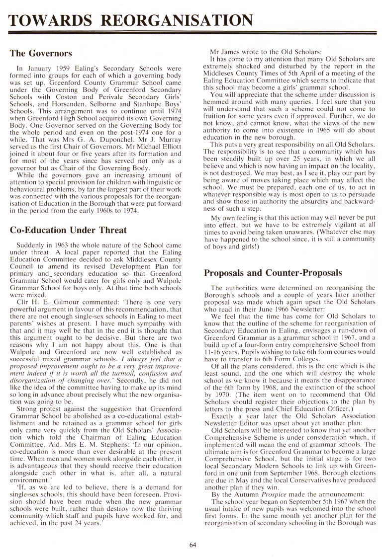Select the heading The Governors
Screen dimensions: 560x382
pyautogui.click(x=41, y=53)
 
